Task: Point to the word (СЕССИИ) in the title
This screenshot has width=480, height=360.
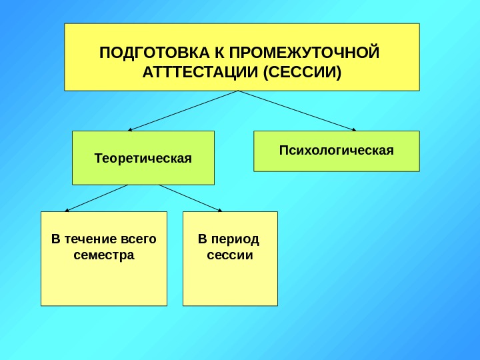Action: click(x=302, y=71)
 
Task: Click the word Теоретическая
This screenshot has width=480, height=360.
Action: click(x=143, y=159)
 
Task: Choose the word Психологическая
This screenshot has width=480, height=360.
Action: click(x=337, y=150)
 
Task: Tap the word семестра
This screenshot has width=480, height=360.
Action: click(x=104, y=255)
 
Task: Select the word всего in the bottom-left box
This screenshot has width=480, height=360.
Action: click(x=139, y=239)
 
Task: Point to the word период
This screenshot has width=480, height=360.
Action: click(x=235, y=239)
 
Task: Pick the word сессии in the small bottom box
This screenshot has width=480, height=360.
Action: click(x=230, y=255)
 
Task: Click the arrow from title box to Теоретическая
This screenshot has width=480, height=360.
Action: click(x=183, y=111)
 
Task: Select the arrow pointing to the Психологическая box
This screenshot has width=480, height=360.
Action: click(x=297, y=111)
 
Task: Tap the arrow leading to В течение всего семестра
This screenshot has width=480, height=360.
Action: click(x=97, y=197)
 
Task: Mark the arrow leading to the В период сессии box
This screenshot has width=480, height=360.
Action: click(x=191, y=197)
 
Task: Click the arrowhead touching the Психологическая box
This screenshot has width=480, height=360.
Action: click(x=353, y=129)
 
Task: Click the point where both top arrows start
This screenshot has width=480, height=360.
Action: click(x=239, y=91)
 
